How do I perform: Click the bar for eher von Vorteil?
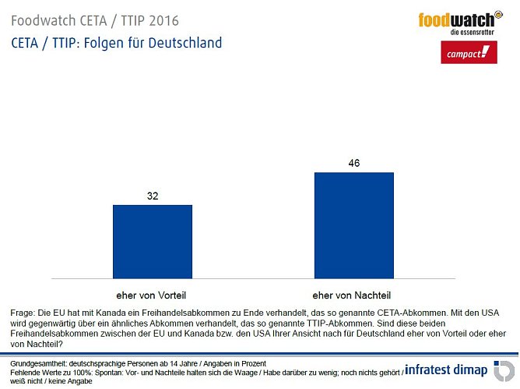click(x=153, y=241)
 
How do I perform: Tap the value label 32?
click(x=153, y=196)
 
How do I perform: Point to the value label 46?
click(x=353, y=163)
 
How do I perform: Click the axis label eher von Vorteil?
click(x=152, y=295)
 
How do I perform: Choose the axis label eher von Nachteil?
click(x=353, y=295)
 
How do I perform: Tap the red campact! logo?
click(x=466, y=53)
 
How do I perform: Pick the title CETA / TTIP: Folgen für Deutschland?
click(x=116, y=42)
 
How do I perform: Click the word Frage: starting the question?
click(x=24, y=312)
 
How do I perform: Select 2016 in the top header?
click(x=146, y=18)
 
